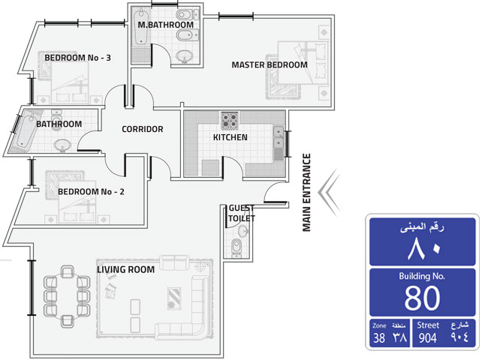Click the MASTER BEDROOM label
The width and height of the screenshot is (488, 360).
[x=270, y=64]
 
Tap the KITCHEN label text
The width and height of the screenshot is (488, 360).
[x=230, y=137]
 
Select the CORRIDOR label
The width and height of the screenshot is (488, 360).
[x=143, y=129]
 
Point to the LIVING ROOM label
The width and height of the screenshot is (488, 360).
[x=125, y=269]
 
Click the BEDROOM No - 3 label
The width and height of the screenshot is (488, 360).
[x=78, y=58]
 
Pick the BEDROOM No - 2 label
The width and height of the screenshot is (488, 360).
[x=91, y=191]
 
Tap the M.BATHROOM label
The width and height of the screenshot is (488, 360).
[x=166, y=25]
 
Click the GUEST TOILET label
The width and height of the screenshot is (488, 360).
[x=242, y=213]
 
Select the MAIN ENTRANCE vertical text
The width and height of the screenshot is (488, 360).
[x=307, y=193]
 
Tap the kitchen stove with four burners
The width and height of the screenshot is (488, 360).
[x=230, y=121]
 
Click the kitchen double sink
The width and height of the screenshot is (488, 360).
[x=279, y=138]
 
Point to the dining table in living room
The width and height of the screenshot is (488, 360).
[x=67, y=296]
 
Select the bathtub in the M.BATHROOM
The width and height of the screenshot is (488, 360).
[x=141, y=26]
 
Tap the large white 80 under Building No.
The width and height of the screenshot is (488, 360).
[x=423, y=298]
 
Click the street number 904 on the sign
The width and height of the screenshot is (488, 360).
[x=428, y=338]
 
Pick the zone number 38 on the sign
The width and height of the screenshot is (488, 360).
[x=379, y=338]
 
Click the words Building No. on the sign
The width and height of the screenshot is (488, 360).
[x=422, y=276]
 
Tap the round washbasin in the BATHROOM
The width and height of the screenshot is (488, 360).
[x=62, y=145]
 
